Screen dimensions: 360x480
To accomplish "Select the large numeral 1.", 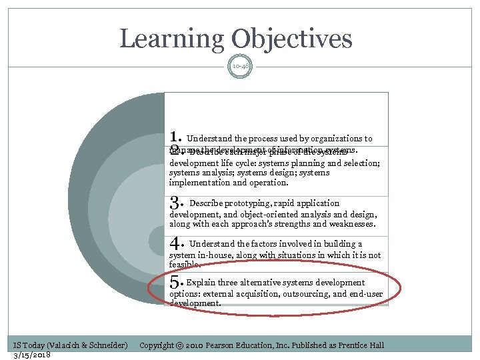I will point(175,137).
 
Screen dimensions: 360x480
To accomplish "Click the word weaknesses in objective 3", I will point(352,224).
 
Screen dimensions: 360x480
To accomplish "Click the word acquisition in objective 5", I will point(256,293).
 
